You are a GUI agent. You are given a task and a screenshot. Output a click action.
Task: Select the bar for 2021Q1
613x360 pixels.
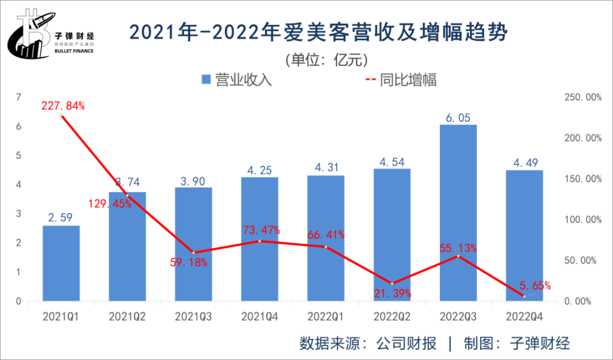pyautogui.click(x=61, y=263)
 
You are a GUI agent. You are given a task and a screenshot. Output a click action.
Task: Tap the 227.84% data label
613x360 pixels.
pyautogui.click(x=63, y=106)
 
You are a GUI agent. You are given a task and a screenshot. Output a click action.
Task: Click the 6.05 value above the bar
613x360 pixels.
pyautogui.click(x=458, y=117)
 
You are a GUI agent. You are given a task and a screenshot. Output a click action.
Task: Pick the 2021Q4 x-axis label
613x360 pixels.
pyautogui.click(x=260, y=316)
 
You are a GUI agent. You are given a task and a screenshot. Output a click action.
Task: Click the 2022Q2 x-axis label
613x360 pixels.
pyautogui.click(x=392, y=316)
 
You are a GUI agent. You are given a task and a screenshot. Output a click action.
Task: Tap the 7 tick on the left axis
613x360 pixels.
pyautogui.click(x=19, y=98)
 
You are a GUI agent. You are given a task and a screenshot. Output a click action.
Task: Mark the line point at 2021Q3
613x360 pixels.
pyautogui.click(x=193, y=253)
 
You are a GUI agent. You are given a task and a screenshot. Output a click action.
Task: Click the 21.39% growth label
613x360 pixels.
pyautogui.click(x=393, y=294)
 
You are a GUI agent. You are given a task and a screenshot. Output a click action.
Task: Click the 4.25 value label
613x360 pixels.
pyautogui.click(x=260, y=170)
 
